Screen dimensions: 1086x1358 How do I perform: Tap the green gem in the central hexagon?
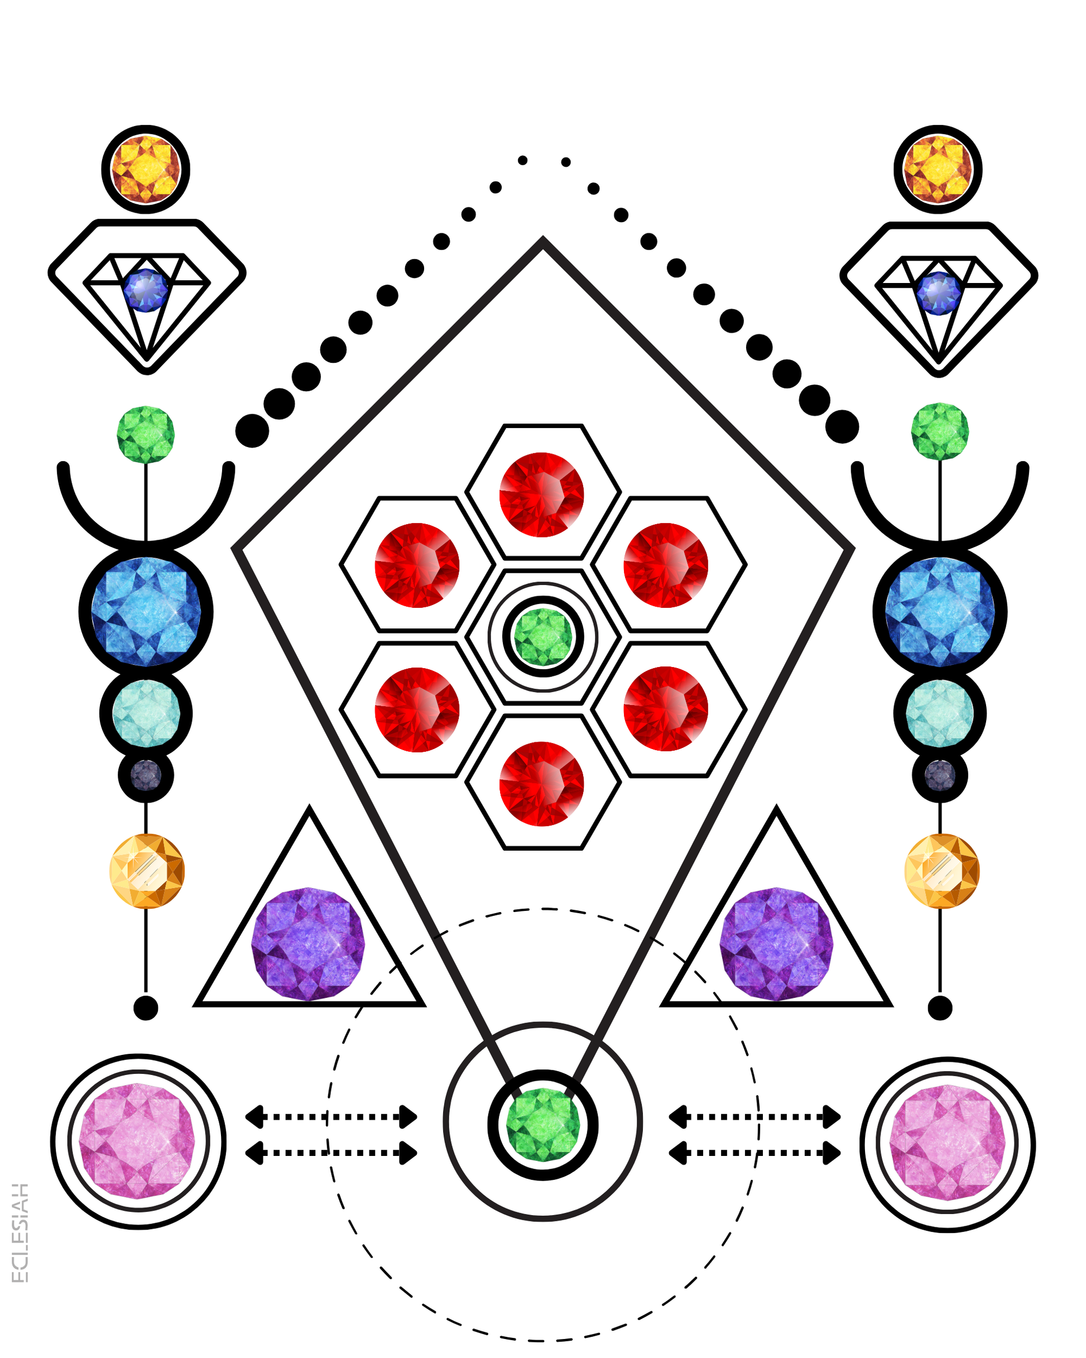pos(543,637)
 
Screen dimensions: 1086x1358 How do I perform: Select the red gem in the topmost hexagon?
pos(542,495)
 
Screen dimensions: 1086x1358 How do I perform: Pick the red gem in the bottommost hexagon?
pos(542,784)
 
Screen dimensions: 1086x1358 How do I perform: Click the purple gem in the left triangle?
pos(308,943)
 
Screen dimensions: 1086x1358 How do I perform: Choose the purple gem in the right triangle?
pos(776,943)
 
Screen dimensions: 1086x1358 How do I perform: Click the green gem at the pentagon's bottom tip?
pos(542,1124)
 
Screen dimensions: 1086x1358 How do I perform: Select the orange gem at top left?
pos(146,169)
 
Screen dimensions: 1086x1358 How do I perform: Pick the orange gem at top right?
pos(938,169)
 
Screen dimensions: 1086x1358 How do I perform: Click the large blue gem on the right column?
pos(940,612)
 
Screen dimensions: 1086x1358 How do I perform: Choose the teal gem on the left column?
pos(146,713)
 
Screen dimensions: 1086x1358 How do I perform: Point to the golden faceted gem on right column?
pos(942,871)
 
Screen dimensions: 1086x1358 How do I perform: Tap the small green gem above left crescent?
pos(146,435)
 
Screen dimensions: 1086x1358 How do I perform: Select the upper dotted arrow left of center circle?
pos(331,1117)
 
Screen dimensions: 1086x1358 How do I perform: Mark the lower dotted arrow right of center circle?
pos(755,1153)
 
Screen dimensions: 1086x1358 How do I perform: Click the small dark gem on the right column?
pos(940,775)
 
